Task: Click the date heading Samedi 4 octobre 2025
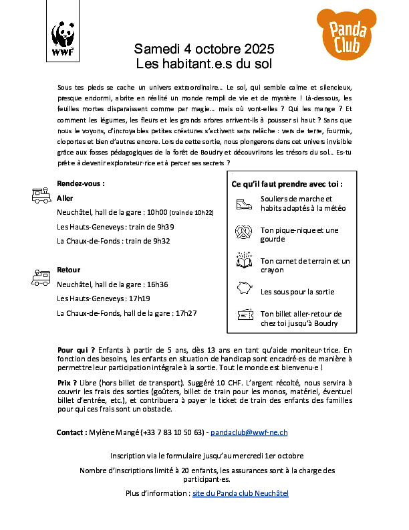point(204,50)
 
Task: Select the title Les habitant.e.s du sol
point(204,64)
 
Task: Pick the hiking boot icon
point(243,203)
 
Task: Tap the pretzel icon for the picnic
point(243,233)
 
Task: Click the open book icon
point(243,260)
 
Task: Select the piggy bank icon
point(243,289)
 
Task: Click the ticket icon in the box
point(243,316)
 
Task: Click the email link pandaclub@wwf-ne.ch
point(254,432)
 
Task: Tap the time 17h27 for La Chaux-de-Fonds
point(187,313)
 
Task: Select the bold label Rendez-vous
point(81,183)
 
